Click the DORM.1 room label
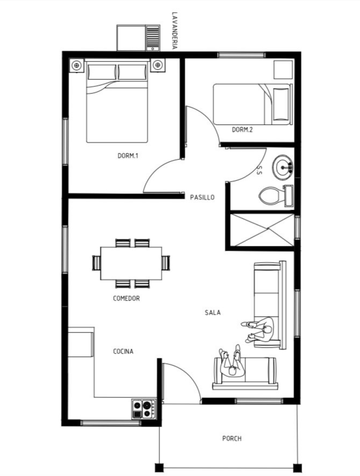128,156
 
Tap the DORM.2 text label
242,130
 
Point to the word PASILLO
202,197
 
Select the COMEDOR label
127,299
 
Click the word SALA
213,312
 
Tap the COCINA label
123,352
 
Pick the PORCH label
232,439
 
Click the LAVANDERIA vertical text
175,31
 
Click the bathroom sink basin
283,167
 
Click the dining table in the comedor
131,263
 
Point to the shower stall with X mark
262,230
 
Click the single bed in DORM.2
253,104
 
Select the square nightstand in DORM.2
283,70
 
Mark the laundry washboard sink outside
152,38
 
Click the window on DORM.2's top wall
241,55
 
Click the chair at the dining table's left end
97,263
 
